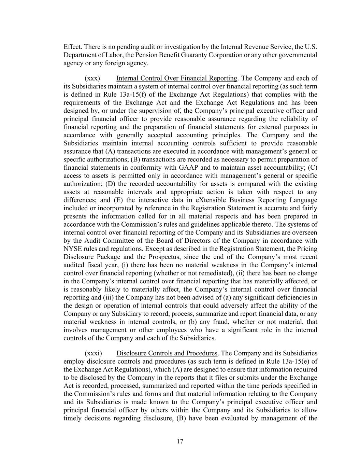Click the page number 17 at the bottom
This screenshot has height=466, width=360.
(180, 441)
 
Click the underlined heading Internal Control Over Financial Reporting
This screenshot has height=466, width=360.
(176, 78)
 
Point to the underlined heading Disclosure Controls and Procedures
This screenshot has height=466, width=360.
(167, 353)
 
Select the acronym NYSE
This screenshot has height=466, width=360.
(71, 249)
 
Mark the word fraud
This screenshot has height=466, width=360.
(208, 322)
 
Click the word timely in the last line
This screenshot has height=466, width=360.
(73, 418)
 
